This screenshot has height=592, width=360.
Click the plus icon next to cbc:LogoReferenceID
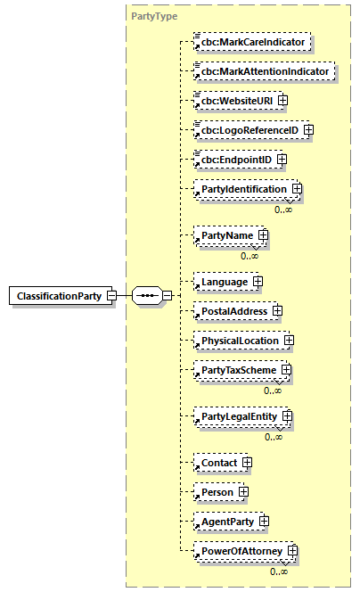[308, 129]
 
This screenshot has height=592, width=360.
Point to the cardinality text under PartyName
[250, 256]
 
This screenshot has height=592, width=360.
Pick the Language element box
[223, 281]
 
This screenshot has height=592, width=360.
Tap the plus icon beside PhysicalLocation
[289, 340]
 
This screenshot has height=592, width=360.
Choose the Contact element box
[218, 463]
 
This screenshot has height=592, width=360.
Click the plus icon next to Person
[242, 492]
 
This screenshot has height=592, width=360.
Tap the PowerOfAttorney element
[241, 552]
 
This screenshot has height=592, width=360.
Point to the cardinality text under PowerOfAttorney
[279, 571]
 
